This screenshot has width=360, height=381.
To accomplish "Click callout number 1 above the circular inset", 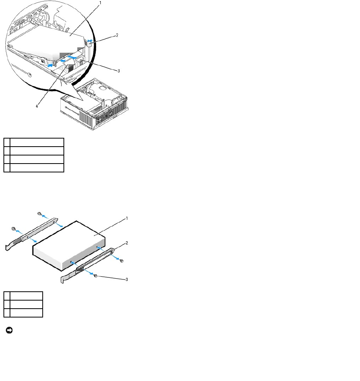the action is (x=100, y=3).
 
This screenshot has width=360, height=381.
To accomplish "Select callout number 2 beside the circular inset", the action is (x=117, y=35).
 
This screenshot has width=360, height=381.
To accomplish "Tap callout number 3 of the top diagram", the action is (x=118, y=71).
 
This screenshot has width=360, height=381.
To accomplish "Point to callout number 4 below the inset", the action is (x=37, y=106).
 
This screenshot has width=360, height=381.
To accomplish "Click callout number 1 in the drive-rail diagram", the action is (x=127, y=219).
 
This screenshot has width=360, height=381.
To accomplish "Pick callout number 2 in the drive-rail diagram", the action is (x=127, y=243).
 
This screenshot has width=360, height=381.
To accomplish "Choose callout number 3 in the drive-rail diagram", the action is (x=127, y=279).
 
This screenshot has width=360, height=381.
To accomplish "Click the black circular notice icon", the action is (x=9, y=330).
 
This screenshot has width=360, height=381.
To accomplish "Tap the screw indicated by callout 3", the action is (x=95, y=276).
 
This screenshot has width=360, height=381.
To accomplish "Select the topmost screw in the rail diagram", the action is (x=39, y=214).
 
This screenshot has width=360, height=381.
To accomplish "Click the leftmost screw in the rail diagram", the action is (x=13, y=229).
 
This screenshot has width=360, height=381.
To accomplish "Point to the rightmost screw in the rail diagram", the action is (x=122, y=261).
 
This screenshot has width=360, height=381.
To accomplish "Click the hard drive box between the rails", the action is (x=69, y=246).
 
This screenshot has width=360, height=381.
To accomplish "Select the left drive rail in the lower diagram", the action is (x=32, y=234).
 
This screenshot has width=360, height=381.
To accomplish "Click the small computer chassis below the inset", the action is (x=94, y=104).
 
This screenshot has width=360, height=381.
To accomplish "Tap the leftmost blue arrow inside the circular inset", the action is (x=50, y=65).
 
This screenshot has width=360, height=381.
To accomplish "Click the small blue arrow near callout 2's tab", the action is (x=90, y=41).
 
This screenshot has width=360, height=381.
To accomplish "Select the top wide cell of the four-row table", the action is (x=37, y=142).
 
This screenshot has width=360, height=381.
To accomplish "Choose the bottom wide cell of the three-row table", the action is (x=26, y=313).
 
